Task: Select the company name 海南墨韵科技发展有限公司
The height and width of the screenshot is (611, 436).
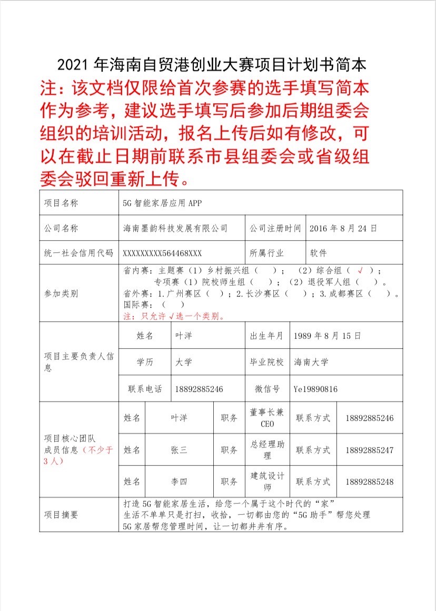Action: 175,228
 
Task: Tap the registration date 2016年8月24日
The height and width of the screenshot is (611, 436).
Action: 343,228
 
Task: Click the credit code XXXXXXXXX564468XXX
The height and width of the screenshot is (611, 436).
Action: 162,253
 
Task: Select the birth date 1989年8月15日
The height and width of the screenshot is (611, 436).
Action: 328,336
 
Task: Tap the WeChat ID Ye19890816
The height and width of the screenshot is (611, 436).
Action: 315,389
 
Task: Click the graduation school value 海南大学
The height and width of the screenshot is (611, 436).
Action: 311,362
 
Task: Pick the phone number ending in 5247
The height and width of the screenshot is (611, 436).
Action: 370,450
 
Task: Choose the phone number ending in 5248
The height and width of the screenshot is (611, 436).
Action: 370,482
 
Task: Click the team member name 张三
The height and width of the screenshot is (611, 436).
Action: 179,450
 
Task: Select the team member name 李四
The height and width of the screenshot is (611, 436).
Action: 179,482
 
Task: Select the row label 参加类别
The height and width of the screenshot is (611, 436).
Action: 61,293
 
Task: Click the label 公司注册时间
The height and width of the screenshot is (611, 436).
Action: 275,228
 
